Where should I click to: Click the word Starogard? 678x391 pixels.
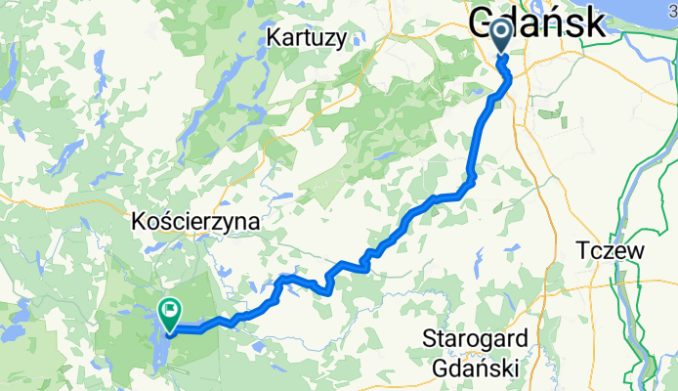[477, 339]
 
